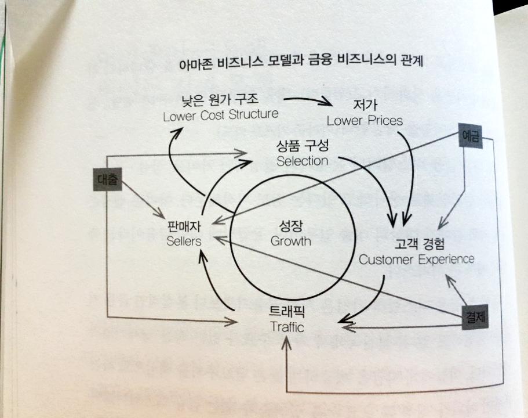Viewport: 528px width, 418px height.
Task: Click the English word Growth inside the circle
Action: (x=291, y=240)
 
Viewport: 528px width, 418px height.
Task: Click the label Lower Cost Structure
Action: (x=221, y=114)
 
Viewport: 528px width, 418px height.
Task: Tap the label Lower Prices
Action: (x=365, y=121)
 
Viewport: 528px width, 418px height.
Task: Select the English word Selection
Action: (x=302, y=161)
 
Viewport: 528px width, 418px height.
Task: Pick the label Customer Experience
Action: (x=416, y=259)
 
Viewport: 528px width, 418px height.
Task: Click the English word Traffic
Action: (x=287, y=327)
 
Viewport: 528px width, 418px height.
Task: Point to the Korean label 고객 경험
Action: (x=416, y=243)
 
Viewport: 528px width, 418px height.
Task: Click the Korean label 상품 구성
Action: (x=302, y=145)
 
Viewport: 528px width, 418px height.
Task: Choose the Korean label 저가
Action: (x=365, y=106)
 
